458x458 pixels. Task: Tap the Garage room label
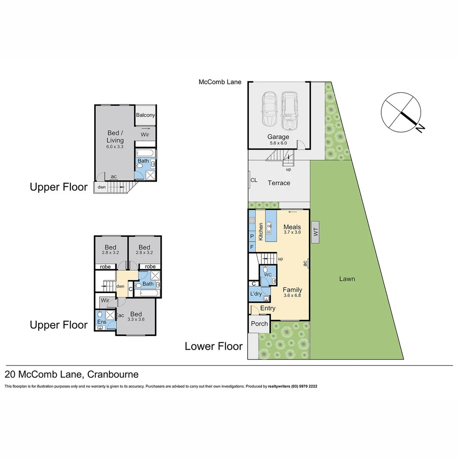278,137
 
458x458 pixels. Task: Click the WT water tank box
315,232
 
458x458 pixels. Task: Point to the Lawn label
347,279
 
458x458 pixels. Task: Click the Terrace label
279,183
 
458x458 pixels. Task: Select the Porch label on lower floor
259,324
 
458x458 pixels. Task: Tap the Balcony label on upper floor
145,115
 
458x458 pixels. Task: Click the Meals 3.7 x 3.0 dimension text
292,232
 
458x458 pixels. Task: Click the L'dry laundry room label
256,294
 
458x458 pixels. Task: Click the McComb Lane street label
220,82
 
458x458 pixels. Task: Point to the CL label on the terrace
254,180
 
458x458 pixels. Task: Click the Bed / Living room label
115,137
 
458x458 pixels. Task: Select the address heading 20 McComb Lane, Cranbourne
71,374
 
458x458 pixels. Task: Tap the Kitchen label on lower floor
261,232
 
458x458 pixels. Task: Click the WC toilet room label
268,275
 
